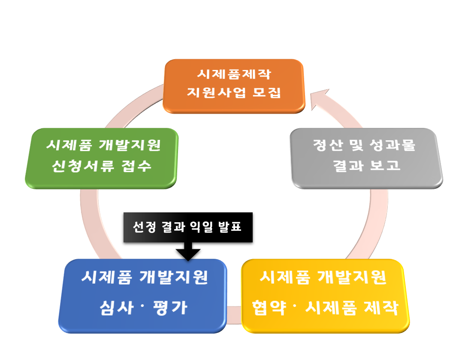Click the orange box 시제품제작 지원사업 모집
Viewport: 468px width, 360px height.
click(234, 86)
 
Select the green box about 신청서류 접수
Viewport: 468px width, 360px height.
click(102, 158)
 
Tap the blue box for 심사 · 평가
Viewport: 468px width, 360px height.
click(143, 296)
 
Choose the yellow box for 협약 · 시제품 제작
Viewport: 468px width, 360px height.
click(325, 296)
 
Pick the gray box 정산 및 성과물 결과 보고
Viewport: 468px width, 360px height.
click(366, 158)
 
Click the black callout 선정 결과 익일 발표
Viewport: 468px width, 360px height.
click(188, 227)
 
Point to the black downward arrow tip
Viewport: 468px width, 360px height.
click(188, 260)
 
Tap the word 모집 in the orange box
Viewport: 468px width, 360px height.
click(266, 93)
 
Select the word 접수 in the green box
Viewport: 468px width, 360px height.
click(136, 166)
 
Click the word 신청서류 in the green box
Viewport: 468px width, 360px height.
click(83, 166)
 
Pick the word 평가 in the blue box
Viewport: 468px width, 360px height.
click(170, 308)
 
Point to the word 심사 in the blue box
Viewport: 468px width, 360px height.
click(117, 308)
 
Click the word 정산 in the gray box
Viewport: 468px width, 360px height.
click(327, 145)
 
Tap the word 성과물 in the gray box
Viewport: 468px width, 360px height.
click(393, 145)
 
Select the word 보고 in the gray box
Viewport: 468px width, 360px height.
click(385, 165)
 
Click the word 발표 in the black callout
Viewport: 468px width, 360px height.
click(229, 227)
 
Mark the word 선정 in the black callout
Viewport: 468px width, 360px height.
click(145, 227)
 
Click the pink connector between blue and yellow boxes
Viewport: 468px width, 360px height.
click(234, 315)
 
